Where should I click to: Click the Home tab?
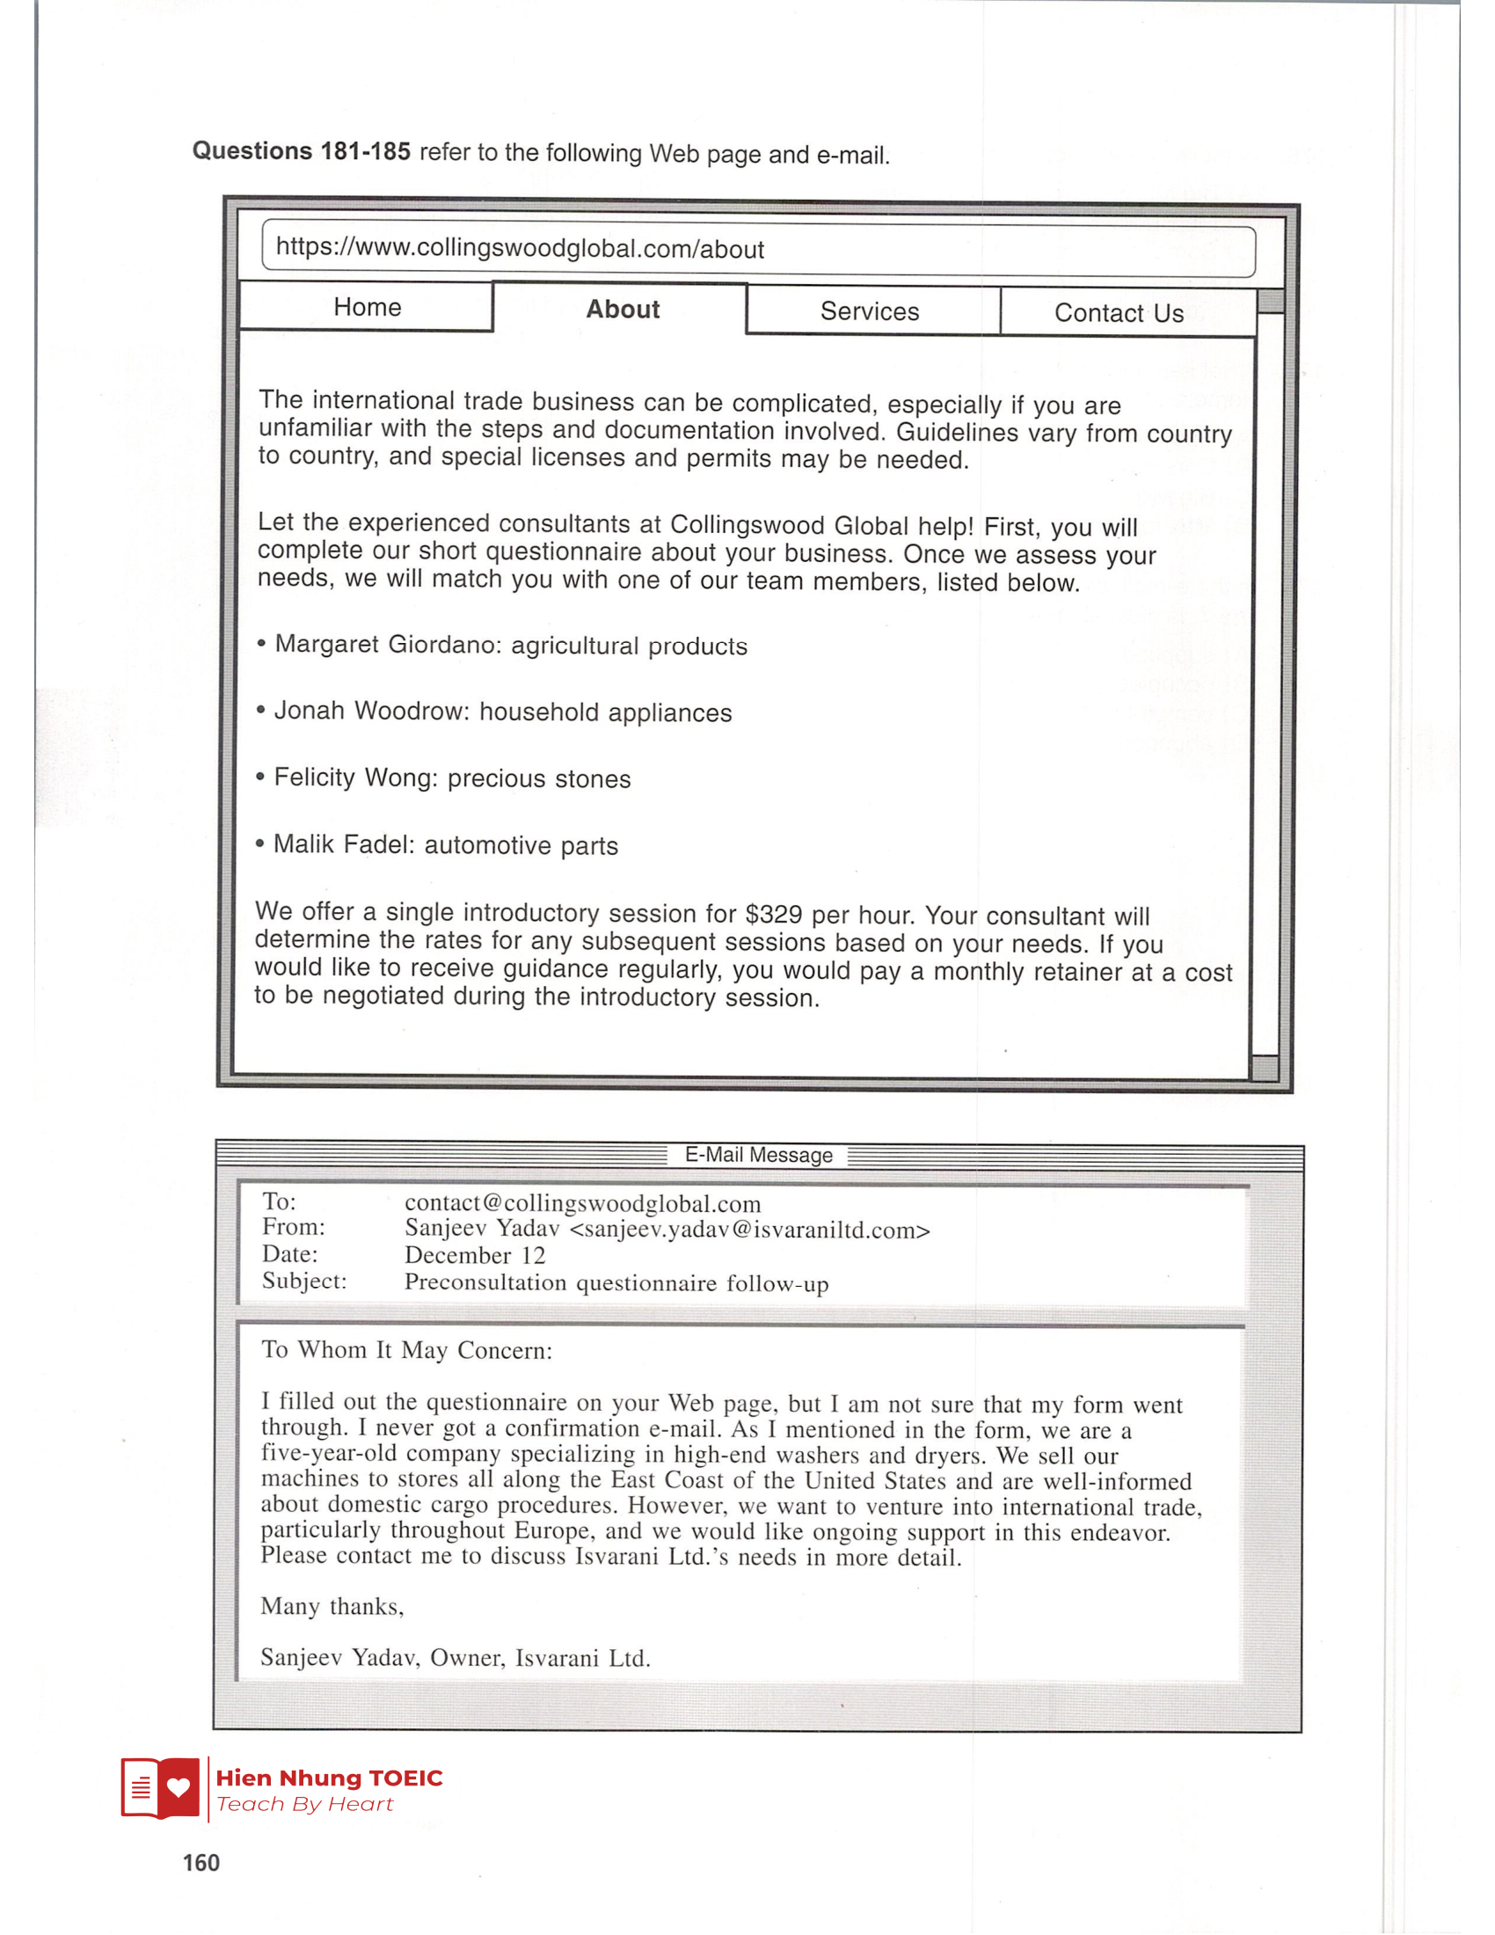pyautogui.click(x=367, y=307)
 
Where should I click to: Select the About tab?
pyautogui.click(x=623, y=310)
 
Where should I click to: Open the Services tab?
pyautogui.click(x=870, y=311)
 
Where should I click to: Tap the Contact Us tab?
pyautogui.click(x=1119, y=313)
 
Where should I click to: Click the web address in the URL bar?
pyautogui.click(x=520, y=248)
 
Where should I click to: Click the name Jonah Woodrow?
pyautogui.click(x=370, y=711)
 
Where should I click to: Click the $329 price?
pyautogui.click(x=773, y=914)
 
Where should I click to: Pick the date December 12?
pyautogui.click(x=475, y=1254)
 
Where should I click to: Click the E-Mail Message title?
pyautogui.click(x=758, y=1156)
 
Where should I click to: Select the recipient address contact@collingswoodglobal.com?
pyautogui.click(x=583, y=1203)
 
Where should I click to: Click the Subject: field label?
pyautogui.click(x=303, y=1281)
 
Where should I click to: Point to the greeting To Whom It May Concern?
pyautogui.click(x=406, y=1349)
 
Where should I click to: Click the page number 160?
pyautogui.click(x=201, y=1862)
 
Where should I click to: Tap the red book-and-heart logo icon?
pyautogui.click(x=160, y=1788)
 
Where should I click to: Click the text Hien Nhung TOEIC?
pyautogui.click(x=329, y=1778)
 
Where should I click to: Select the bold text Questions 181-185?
pyautogui.click(x=301, y=150)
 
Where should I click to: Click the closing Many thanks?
pyautogui.click(x=332, y=1606)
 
